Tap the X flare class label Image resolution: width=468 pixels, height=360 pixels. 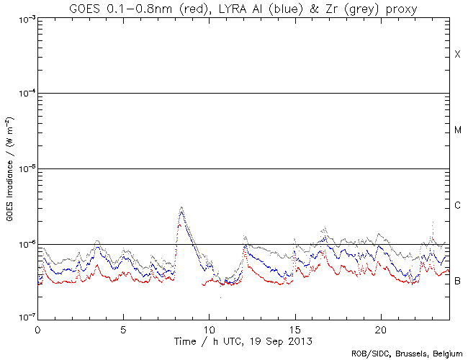[x=457, y=55]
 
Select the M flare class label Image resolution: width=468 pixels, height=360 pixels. [x=457, y=130]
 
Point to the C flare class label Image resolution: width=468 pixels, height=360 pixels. [x=457, y=206]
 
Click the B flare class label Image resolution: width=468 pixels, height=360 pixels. [x=457, y=281]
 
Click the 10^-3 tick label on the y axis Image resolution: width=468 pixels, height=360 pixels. [x=22, y=19]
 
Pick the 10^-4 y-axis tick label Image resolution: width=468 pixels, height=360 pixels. [x=22, y=94]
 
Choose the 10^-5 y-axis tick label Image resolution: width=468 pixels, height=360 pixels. [x=22, y=170]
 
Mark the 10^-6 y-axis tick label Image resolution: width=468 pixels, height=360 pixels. [x=22, y=246]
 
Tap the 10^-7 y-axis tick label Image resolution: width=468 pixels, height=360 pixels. [x=22, y=318]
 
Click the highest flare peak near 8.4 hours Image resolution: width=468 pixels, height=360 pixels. [x=181, y=207]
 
